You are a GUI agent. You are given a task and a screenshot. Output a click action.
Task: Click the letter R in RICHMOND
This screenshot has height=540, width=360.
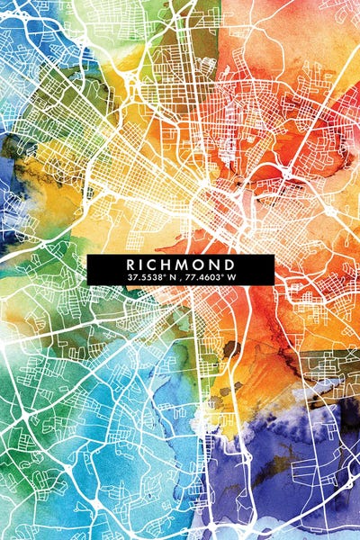[131, 265]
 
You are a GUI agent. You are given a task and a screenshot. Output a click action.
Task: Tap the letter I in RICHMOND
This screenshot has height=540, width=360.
[145, 265]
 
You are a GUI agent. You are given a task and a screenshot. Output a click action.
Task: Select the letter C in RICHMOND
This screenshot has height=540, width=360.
[157, 265]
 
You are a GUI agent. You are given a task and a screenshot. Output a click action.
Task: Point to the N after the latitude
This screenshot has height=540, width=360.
[168, 277]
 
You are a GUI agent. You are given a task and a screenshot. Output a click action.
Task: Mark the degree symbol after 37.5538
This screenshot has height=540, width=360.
[162, 275]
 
